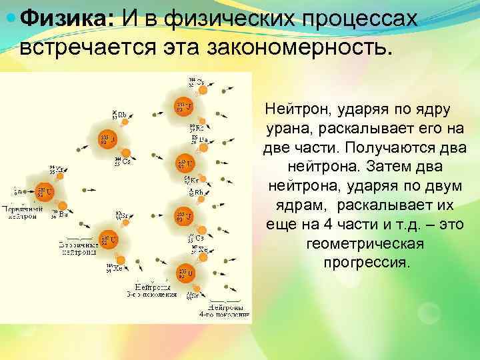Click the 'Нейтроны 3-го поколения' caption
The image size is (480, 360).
pyautogui.click(x=151, y=289)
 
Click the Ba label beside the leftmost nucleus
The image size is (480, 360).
pyautogui.click(x=63, y=214)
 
